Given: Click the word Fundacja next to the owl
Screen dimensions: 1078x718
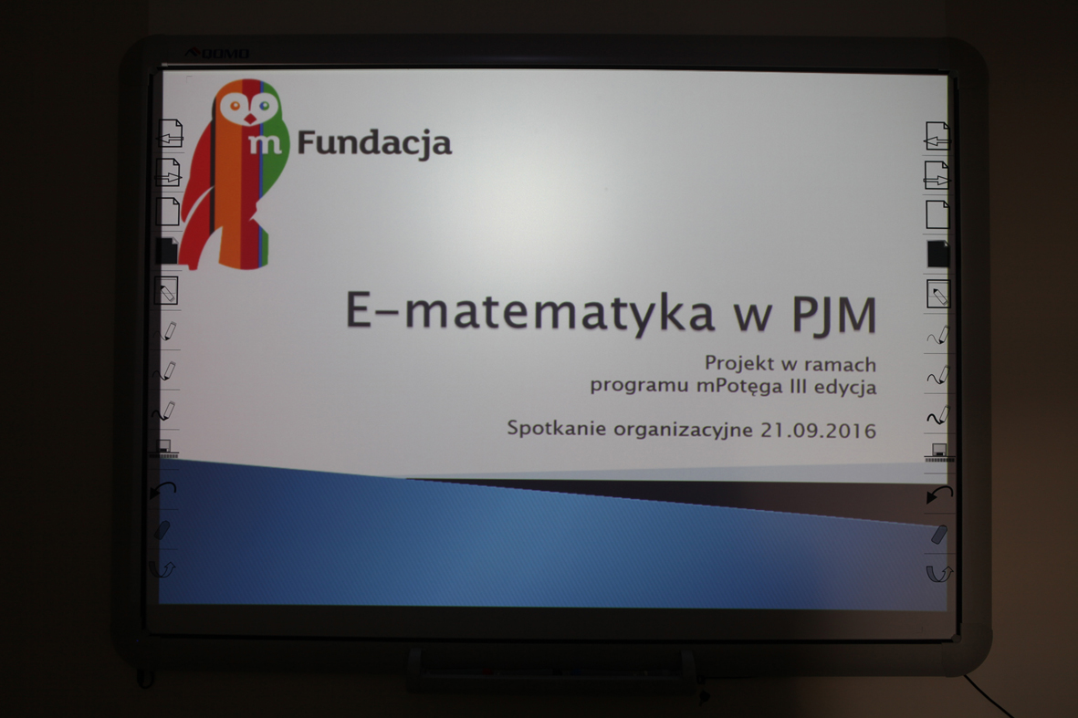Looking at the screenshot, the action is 374,143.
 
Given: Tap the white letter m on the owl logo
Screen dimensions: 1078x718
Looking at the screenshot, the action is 265,143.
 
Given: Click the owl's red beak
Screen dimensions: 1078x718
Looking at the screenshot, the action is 250,119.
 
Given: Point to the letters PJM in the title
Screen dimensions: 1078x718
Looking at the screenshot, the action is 834,315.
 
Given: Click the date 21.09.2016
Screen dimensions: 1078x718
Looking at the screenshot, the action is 818,431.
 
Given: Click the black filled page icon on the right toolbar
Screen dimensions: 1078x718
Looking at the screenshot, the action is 937,254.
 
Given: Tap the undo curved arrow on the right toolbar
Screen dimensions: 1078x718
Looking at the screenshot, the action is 939,494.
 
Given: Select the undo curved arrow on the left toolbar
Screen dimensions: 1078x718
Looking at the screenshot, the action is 163,490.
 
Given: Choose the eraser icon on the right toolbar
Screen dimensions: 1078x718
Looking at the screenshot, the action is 939,535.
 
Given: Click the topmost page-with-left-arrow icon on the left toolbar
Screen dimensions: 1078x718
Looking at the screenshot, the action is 170,133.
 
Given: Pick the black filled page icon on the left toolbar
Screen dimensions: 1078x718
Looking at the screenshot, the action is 167,251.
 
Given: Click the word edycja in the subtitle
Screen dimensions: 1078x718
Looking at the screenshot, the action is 845,387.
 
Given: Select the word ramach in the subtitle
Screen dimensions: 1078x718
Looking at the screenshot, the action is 841,363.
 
